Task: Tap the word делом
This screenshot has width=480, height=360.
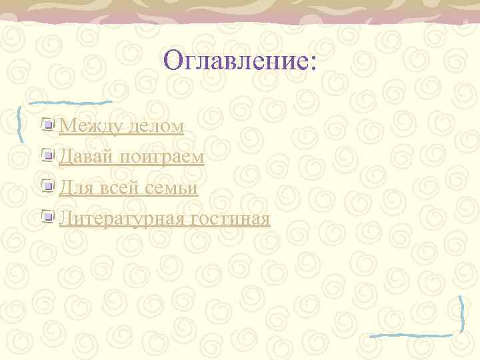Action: click(x=155, y=125)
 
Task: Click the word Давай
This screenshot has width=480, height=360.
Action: click(x=86, y=157)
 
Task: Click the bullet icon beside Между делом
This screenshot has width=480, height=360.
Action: click(x=47, y=124)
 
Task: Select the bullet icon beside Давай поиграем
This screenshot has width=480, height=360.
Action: click(x=47, y=155)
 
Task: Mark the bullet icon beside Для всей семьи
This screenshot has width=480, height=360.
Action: click(x=47, y=186)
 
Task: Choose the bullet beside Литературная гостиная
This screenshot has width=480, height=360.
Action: click(x=47, y=217)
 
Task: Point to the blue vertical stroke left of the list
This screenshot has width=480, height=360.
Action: click(x=21, y=123)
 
